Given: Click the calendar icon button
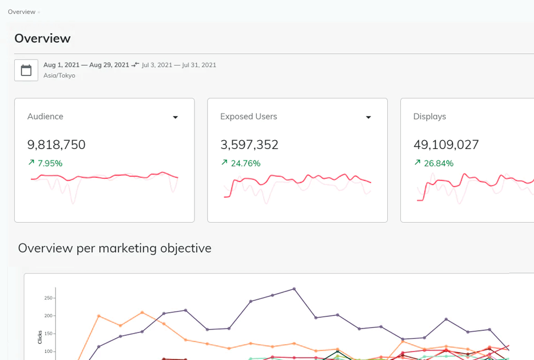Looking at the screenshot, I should click(26, 70).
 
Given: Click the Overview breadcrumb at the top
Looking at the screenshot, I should click(21, 12).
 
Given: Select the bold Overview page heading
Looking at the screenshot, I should click(43, 38).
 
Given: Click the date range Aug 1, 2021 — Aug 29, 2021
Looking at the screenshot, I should click(86, 65).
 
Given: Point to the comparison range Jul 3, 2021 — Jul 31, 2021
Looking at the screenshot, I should click(179, 65).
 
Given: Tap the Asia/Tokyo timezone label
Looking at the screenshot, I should click(59, 75).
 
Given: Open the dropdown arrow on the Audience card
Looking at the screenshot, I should click(175, 117).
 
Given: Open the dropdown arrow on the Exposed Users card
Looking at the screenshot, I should click(369, 117).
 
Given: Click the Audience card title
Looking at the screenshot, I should click(46, 116).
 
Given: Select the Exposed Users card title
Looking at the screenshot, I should click(248, 116).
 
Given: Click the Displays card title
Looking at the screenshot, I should click(429, 116).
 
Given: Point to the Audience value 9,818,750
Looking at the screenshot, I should click(56, 145).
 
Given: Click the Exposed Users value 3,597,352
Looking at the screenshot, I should click(250, 145).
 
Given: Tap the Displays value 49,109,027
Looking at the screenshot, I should click(446, 145).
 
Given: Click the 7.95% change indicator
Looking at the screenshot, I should click(46, 163).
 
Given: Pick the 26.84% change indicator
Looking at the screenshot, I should click(434, 163).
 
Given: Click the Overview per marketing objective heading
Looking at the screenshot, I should click(115, 248).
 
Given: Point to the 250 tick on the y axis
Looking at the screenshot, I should click(48, 298).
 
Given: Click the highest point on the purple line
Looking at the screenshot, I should click(294, 289).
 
